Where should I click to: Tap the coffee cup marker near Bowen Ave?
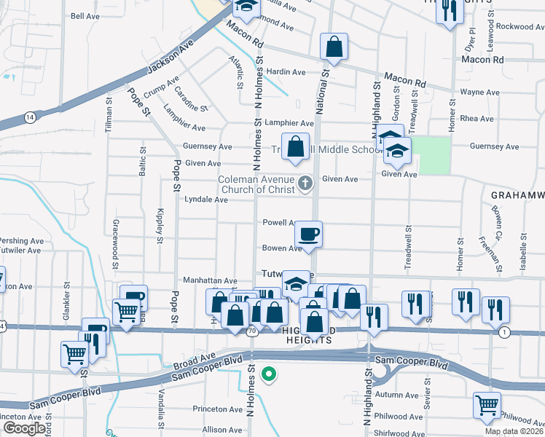308,234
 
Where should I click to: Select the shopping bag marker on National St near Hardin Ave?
334,47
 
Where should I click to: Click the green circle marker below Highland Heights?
269,374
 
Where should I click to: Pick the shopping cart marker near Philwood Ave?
487,404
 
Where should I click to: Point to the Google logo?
23,428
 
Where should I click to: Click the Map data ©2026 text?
514,431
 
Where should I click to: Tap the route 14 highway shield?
29,117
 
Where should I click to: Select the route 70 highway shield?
251,331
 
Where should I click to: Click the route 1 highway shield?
504,332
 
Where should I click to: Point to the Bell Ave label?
85,16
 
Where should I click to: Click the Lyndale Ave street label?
206,200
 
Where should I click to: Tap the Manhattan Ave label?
210,280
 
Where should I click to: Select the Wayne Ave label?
479,92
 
